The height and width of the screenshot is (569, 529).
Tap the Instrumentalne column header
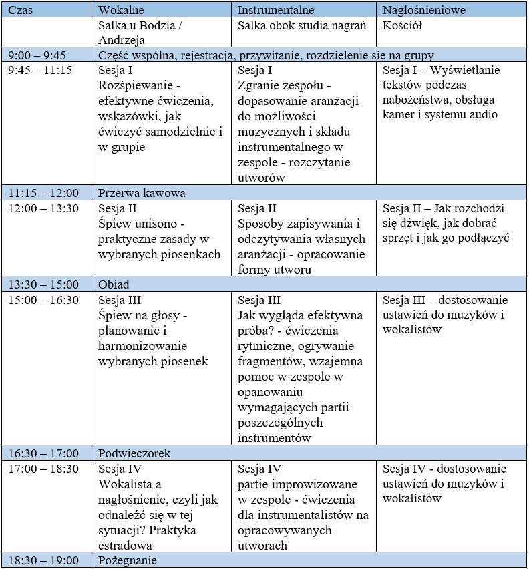tap(276, 10)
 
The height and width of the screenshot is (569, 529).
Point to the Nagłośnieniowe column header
tap(424, 10)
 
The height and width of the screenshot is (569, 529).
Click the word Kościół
tap(403, 25)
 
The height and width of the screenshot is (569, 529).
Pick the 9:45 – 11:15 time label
tap(41, 70)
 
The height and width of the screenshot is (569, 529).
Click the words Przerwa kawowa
tap(142, 192)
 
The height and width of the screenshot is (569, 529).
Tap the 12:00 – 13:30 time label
tap(43, 208)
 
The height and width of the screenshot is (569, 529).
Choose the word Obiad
tap(114, 284)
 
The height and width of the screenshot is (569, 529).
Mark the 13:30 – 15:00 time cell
tap(43, 284)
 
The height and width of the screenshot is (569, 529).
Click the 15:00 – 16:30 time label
tap(43, 300)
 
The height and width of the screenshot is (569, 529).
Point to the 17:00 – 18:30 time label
tap(43, 469)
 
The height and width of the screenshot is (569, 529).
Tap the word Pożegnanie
tap(128, 560)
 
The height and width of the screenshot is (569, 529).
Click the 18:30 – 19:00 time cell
tap(43, 560)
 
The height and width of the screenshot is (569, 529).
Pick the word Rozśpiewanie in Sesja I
tap(139, 85)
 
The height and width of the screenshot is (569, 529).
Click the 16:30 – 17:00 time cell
tap(43, 453)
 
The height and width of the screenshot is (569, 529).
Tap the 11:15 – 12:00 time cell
tap(43, 192)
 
